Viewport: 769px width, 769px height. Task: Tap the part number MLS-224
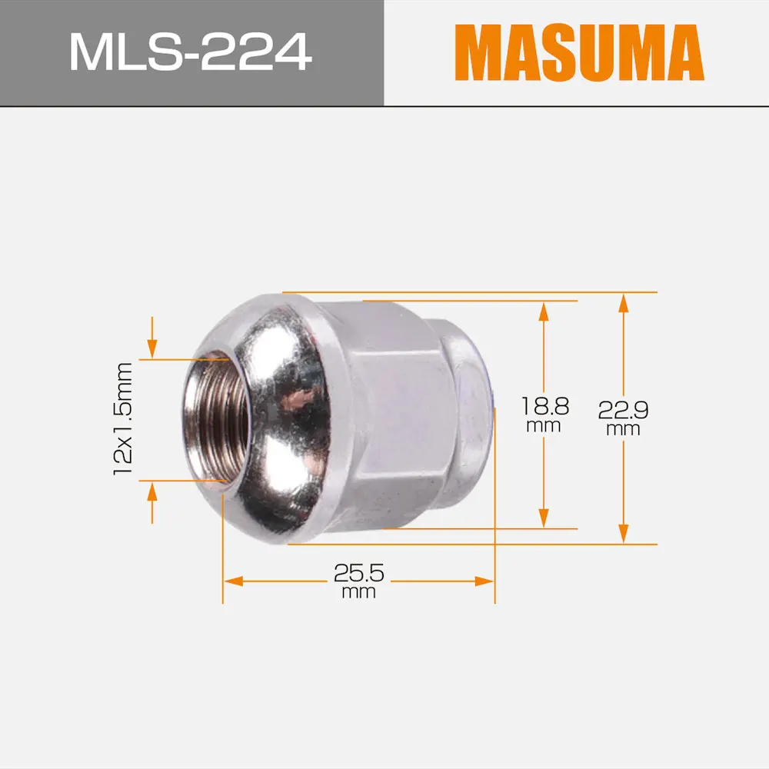point(190,52)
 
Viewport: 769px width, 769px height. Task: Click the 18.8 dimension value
point(544,405)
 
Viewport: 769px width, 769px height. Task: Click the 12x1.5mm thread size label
point(123,419)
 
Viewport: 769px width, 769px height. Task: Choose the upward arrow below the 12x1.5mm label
point(152,491)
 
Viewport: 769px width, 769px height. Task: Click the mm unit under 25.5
point(358,592)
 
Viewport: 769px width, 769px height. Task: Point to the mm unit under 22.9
point(623,429)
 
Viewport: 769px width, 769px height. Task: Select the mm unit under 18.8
point(544,425)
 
